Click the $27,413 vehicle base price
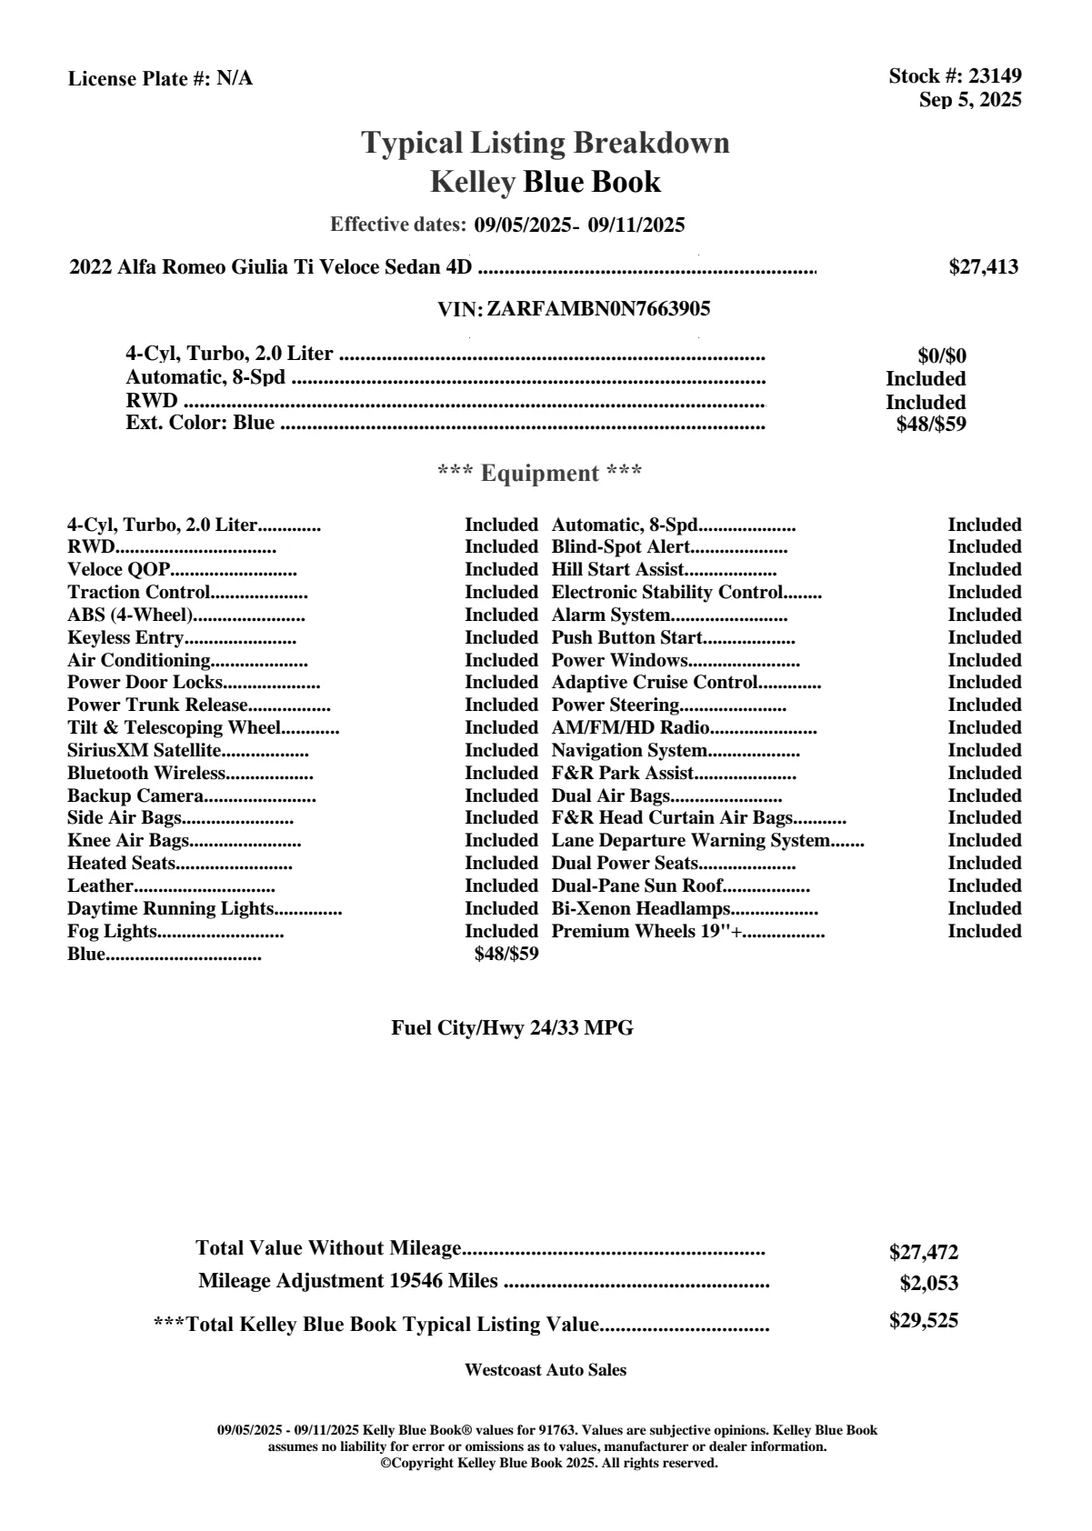tap(983, 267)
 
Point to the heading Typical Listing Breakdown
tap(546, 143)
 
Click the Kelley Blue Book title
tap(546, 182)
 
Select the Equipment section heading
tap(540, 474)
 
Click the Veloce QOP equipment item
tap(118, 570)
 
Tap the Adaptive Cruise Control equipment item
tap(655, 683)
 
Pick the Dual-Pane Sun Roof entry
tap(636, 886)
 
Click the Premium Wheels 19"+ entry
tap(647, 932)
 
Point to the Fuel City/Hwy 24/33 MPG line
tap(512, 1028)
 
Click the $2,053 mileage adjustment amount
tap(928, 1284)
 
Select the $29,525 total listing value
tap(923, 1321)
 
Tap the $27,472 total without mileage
tap(923, 1253)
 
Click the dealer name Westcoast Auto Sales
tap(545, 1370)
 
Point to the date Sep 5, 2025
tap(969, 100)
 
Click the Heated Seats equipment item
tap(121, 864)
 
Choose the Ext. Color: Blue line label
tap(200, 424)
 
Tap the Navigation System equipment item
tap(629, 751)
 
